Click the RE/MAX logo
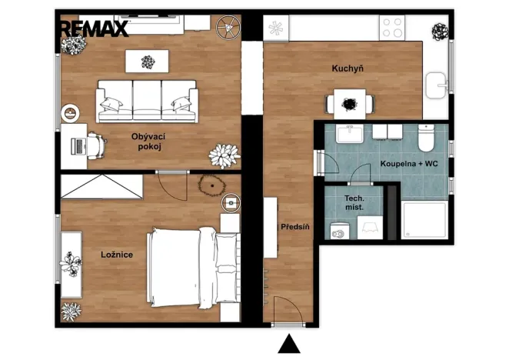pyautogui.click(x=94, y=28)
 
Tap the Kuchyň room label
pyautogui.click(x=348, y=68)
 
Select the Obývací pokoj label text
pyautogui.click(x=148, y=142)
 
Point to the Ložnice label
pyautogui.click(x=117, y=255)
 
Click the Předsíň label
pyautogui.click(x=294, y=227)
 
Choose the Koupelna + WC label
pyautogui.click(x=409, y=163)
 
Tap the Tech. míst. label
pyautogui.click(x=354, y=203)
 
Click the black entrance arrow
pyautogui.click(x=289, y=343)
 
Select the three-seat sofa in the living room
pyautogui.click(x=147, y=102)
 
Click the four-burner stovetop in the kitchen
pyautogui.click(x=392, y=28)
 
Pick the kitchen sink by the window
pyautogui.click(x=436, y=85)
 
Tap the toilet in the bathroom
pyautogui.click(x=426, y=138)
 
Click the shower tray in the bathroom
pyautogui.click(x=424, y=220)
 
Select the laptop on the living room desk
pyautogui.click(x=78, y=146)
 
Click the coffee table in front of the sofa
pyautogui.click(x=147, y=61)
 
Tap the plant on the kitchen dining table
pyautogui.click(x=350, y=105)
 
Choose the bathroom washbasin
pyautogui.click(x=350, y=134)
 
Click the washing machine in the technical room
pyautogui.click(x=340, y=231)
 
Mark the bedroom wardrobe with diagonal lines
pyautogui.click(x=102, y=186)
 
